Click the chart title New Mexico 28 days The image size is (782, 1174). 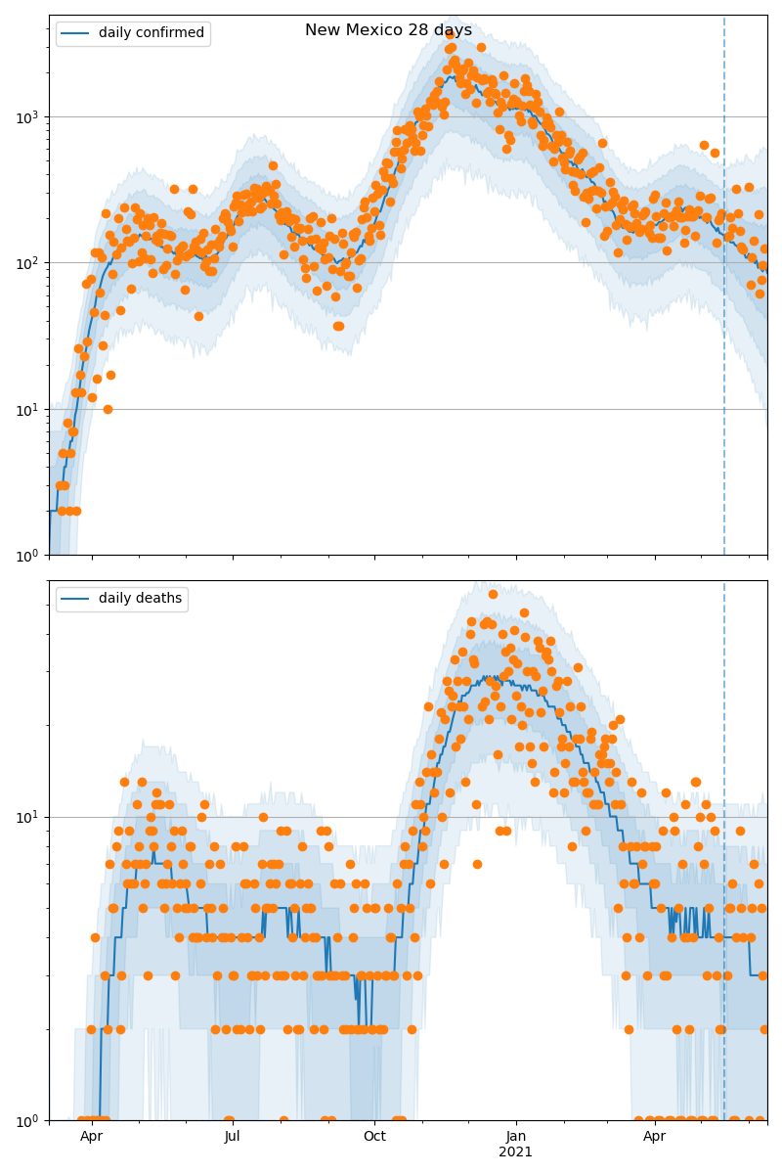click(388, 30)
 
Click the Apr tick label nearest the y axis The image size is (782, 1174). click(91, 1137)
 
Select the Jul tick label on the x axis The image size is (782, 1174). click(233, 1137)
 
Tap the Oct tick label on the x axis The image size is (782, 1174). click(374, 1137)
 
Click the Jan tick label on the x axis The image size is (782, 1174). click(516, 1137)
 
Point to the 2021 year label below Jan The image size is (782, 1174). click(516, 1152)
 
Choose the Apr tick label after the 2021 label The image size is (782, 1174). click(655, 1137)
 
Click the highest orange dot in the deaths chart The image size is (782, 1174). click(493, 594)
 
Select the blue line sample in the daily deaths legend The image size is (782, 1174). click(75, 599)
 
